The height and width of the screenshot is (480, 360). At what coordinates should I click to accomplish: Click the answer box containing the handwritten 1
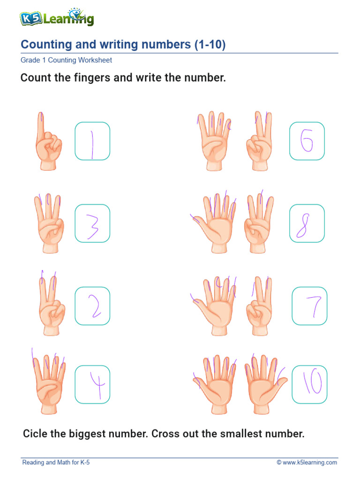pos(92,141)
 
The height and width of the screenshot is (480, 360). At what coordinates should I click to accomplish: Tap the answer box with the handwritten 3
pos(92,223)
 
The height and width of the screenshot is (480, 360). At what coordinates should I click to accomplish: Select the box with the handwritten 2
pos(92,306)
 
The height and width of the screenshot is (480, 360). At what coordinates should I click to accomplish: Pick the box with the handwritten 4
pos(92,384)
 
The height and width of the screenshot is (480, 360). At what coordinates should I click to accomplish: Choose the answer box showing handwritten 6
pos(307,141)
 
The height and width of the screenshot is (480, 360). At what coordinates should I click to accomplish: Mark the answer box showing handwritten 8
pos(307,223)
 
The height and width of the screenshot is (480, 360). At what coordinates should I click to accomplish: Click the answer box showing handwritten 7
pos(309,306)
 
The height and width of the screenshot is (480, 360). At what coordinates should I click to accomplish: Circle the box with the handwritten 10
pos(309,384)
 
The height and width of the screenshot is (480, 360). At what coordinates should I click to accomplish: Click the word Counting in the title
pos(45,45)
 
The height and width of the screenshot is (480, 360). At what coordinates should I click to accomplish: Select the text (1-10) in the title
pos(210,45)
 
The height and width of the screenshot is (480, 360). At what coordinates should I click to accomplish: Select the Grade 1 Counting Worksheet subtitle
pos(66,60)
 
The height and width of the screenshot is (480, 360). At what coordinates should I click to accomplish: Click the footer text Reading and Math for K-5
pos(56,463)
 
